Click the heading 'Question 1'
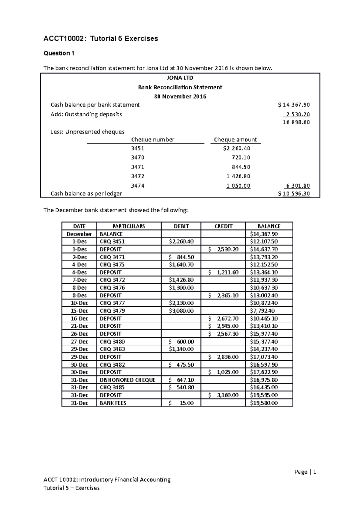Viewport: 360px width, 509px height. coord(59,53)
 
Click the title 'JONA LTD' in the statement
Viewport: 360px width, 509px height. coord(180,78)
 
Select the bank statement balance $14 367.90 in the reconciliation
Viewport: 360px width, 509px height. coord(294,105)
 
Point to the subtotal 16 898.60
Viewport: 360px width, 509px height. coord(296,122)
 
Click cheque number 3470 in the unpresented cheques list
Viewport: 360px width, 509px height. coord(138,158)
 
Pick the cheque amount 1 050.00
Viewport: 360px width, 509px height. coord(238,186)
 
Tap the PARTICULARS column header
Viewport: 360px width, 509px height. coord(128,226)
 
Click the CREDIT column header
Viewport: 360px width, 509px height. coord(223,226)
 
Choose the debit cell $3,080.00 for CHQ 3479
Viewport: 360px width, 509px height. coord(181,311)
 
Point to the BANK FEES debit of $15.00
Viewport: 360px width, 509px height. coord(181,403)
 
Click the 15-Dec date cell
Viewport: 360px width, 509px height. coord(79,311)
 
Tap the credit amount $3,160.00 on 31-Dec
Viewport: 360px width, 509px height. coord(223,395)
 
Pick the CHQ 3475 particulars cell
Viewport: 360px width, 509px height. coord(112,265)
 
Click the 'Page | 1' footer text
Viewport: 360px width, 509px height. coord(305,472)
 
